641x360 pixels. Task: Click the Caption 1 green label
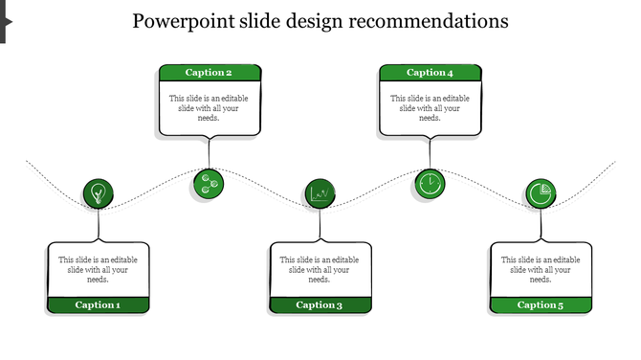coord(99,305)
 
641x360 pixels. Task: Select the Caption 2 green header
coord(210,73)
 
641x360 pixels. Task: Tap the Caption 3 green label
coord(320,305)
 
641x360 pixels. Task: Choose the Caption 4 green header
coord(431,73)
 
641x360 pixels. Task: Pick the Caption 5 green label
coord(541,305)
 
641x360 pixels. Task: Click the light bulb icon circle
coord(98,194)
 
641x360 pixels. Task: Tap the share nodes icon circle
coord(208,183)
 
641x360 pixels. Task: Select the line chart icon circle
coord(320,194)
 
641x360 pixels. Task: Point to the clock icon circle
coord(431,183)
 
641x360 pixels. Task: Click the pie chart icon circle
coord(541,194)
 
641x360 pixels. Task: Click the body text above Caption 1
coord(99,270)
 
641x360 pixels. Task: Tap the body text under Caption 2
coord(210,108)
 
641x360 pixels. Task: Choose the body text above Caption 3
coord(320,270)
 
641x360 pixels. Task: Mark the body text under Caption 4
coord(431,108)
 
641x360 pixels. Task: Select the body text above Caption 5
coord(541,270)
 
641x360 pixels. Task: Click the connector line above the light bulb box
coord(99,226)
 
